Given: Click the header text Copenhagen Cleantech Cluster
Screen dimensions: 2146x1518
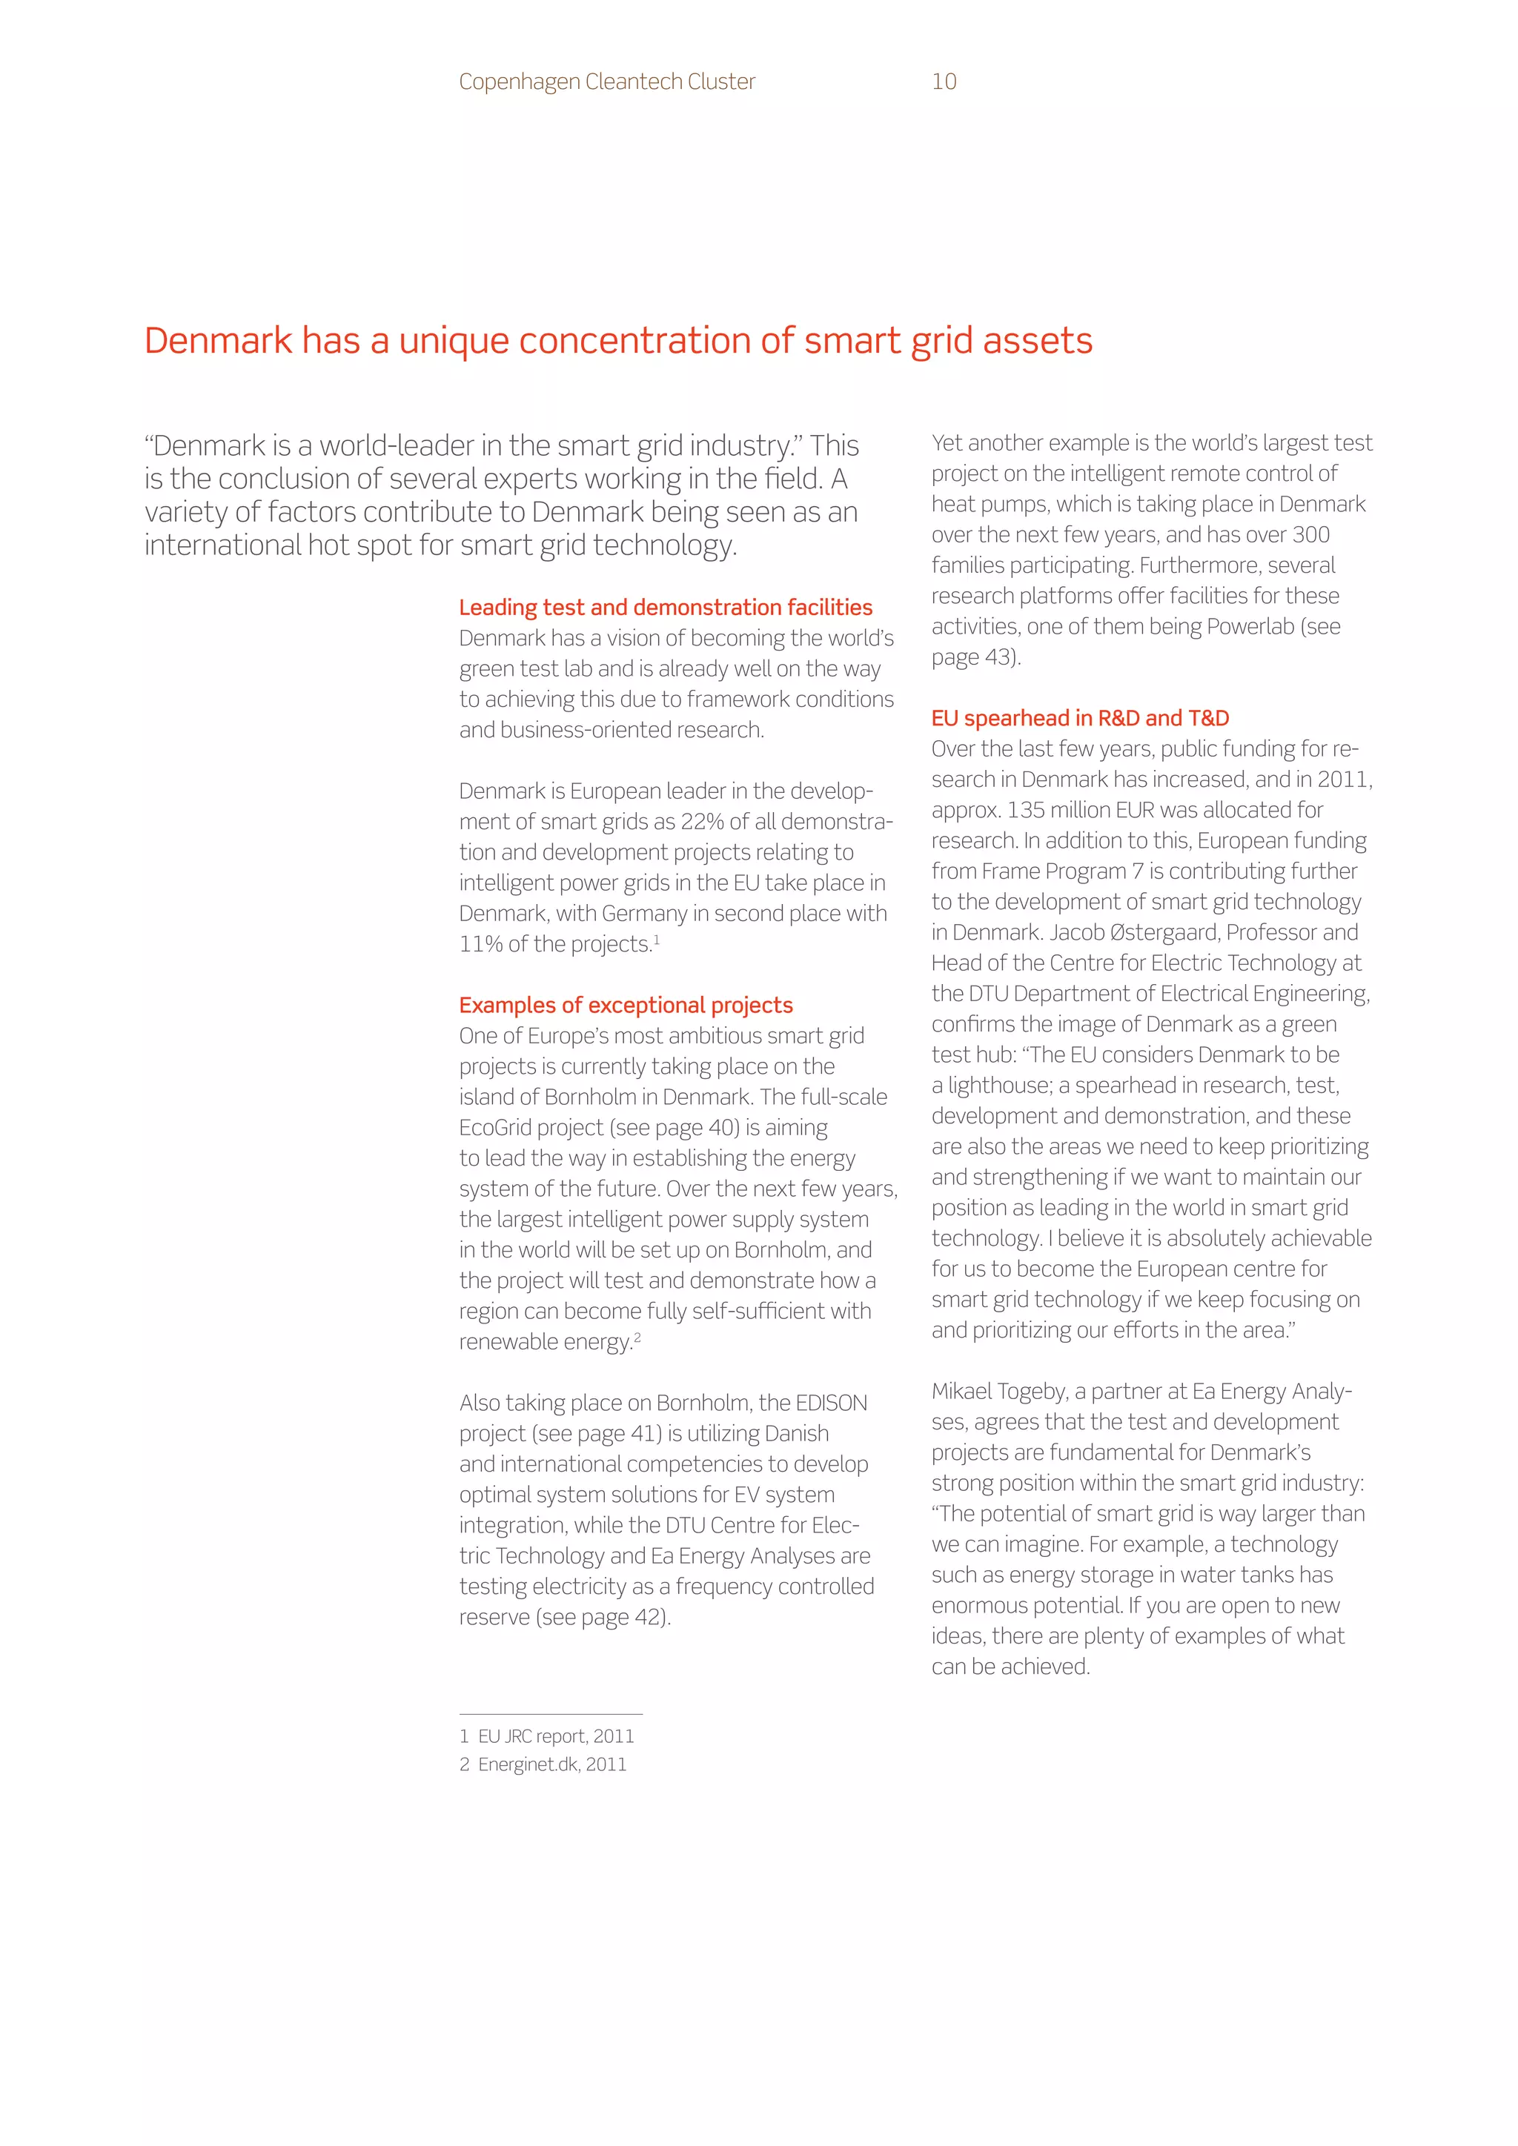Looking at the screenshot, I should (606, 82).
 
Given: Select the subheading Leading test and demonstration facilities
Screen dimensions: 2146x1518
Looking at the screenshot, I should (665, 608).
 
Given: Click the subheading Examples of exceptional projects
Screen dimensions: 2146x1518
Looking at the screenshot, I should (626, 1005).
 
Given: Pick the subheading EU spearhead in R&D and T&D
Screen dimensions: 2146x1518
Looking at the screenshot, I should (1080, 718).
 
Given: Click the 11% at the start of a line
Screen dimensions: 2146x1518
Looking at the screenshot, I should (480, 944).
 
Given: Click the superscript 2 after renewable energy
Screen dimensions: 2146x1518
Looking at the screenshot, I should (637, 1337).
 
